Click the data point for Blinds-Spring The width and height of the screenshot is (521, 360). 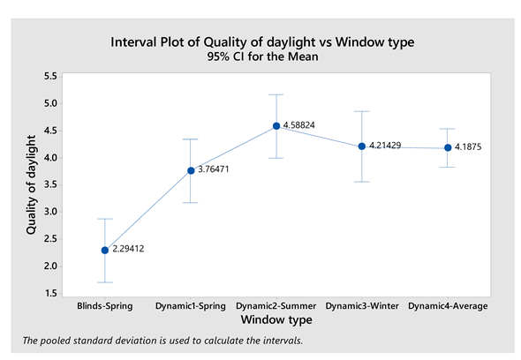(x=105, y=250)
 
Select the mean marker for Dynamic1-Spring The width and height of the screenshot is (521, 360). (x=191, y=170)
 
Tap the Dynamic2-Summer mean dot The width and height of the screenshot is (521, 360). (x=276, y=126)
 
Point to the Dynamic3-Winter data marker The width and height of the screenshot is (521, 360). (x=362, y=146)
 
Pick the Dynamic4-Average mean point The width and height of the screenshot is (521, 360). (x=448, y=147)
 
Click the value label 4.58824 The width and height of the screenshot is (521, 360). (x=298, y=125)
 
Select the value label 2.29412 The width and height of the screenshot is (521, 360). (x=128, y=249)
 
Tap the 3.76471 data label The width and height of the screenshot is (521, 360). (x=214, y=169)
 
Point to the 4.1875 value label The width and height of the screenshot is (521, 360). (x=468, y=146)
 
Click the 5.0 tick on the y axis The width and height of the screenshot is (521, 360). (x=50, y=103)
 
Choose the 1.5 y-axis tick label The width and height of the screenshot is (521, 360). (x=50, y=293)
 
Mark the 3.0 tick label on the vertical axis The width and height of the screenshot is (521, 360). (x=50, y=212)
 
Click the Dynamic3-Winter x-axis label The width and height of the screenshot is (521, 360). (x=362, y=306)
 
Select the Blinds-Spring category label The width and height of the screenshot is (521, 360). (x=105, y=306)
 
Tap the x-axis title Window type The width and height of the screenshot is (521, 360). (x=276, y=319)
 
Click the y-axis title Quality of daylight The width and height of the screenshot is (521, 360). (x=31, y=185)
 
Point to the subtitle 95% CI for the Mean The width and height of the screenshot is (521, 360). (x=262, y=56)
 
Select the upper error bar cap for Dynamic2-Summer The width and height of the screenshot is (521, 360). (x=276, y=94)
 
